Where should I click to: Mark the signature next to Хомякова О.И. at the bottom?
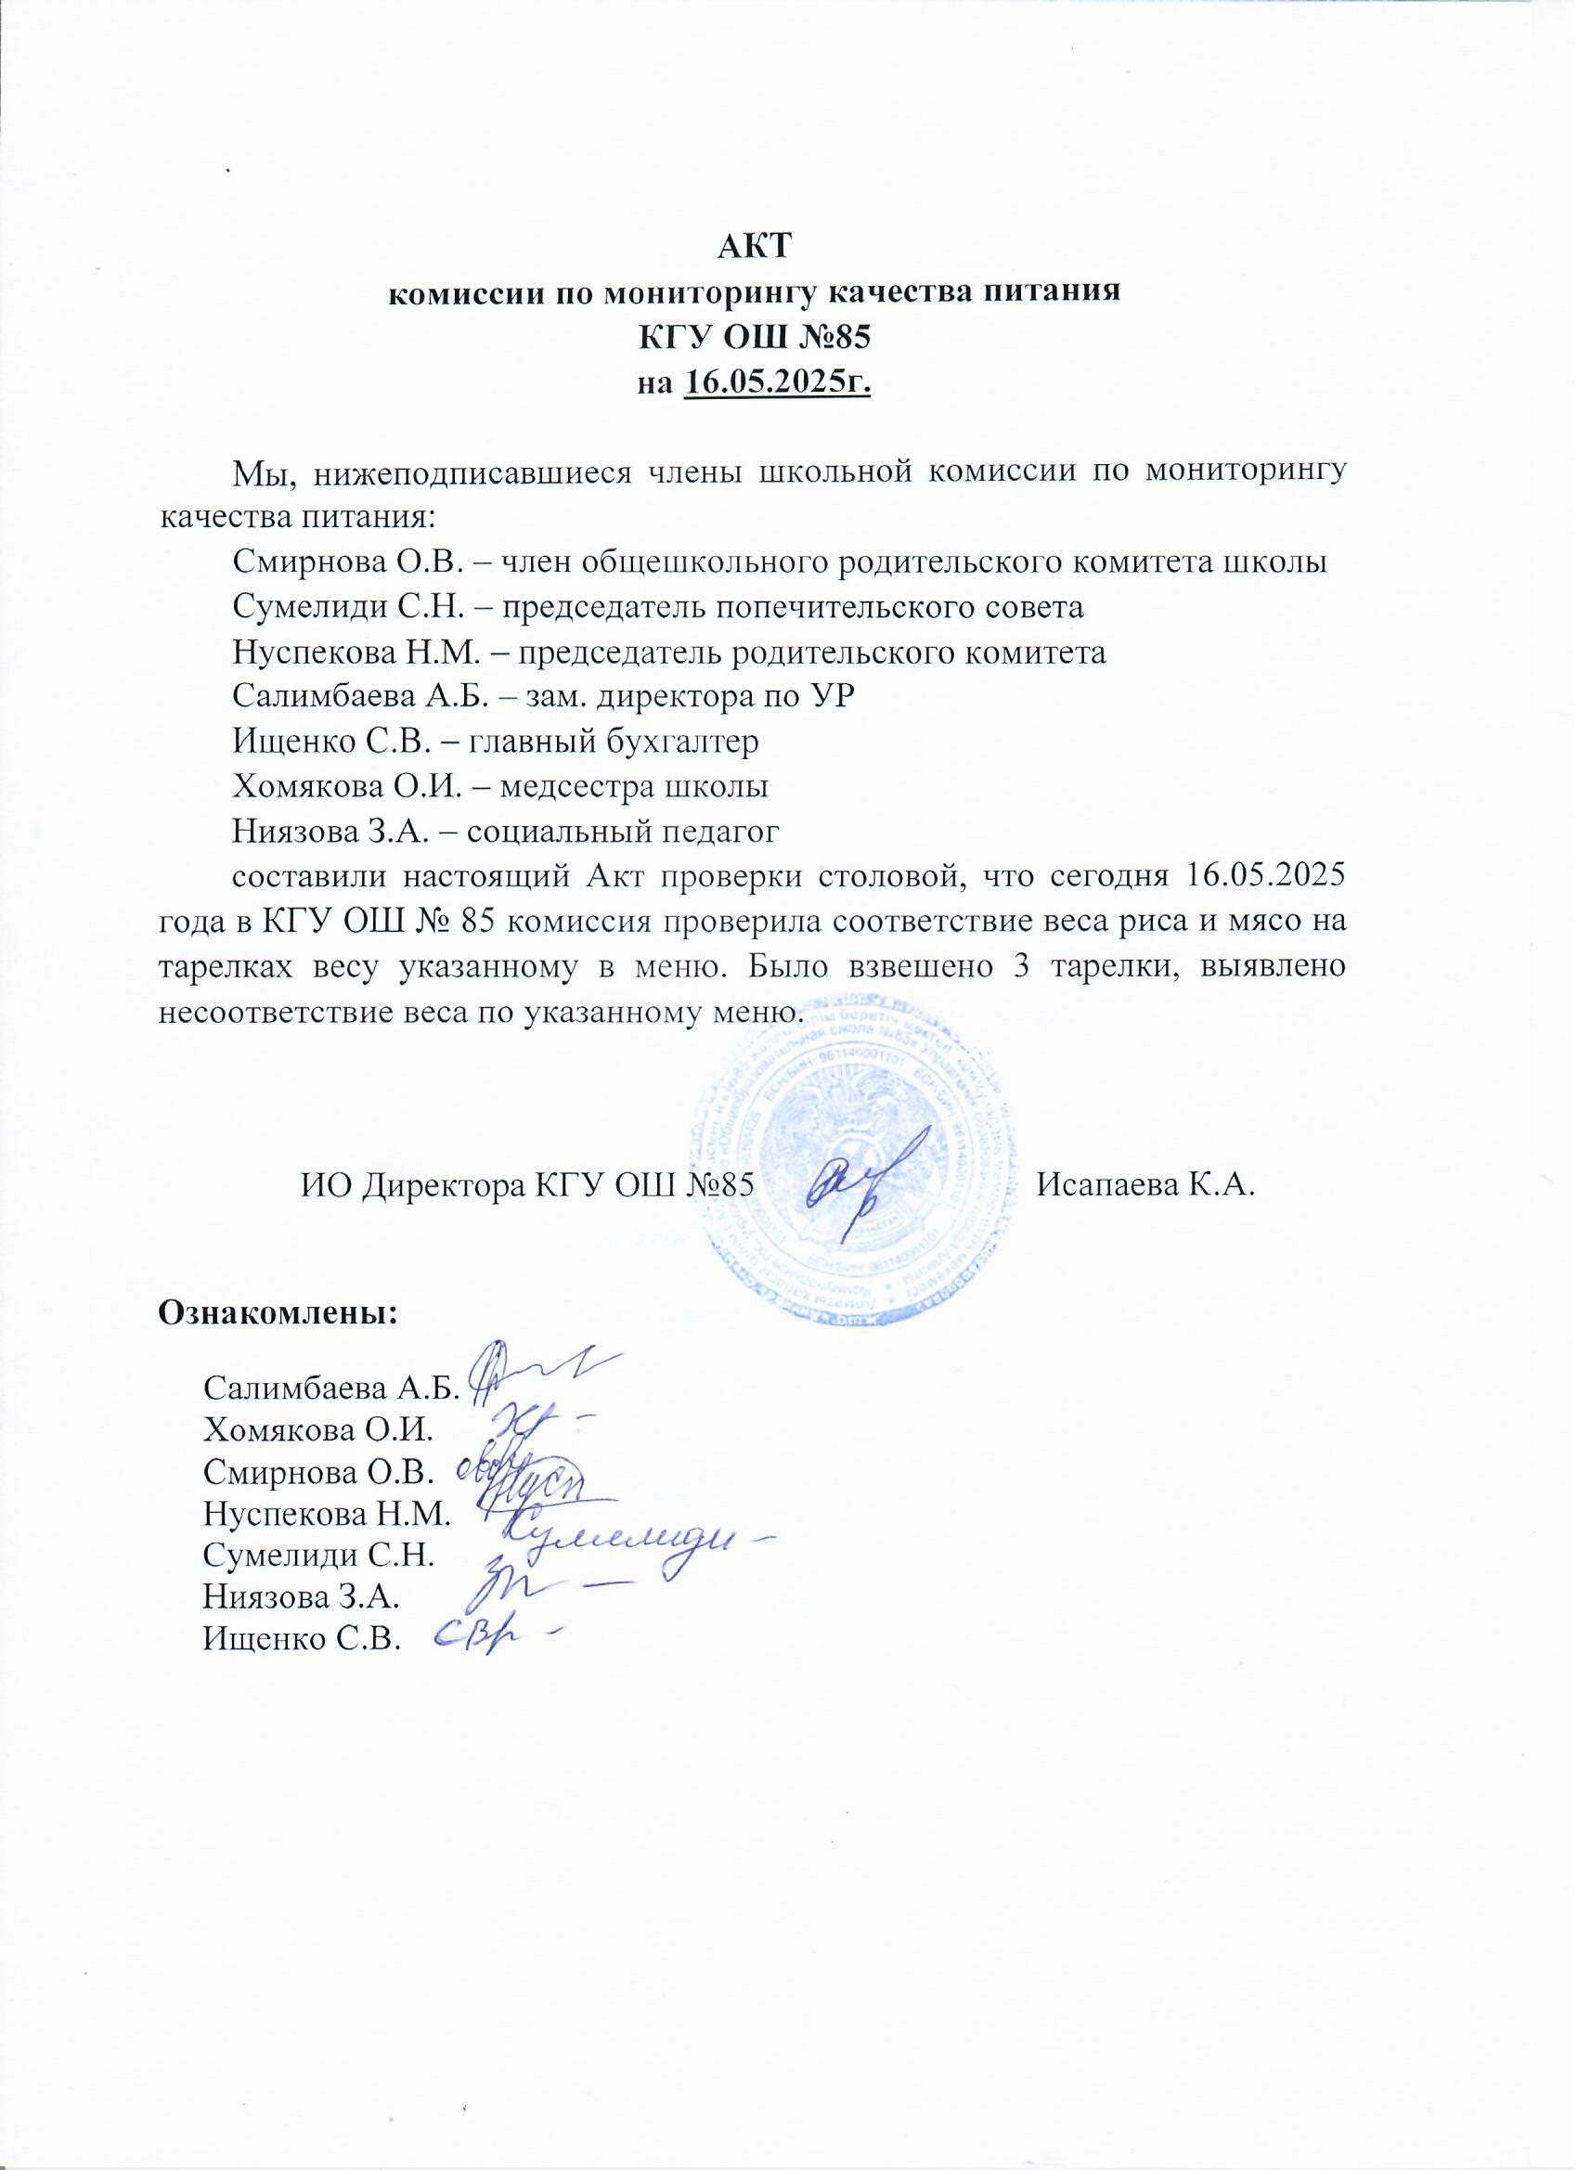point(531,1426)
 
